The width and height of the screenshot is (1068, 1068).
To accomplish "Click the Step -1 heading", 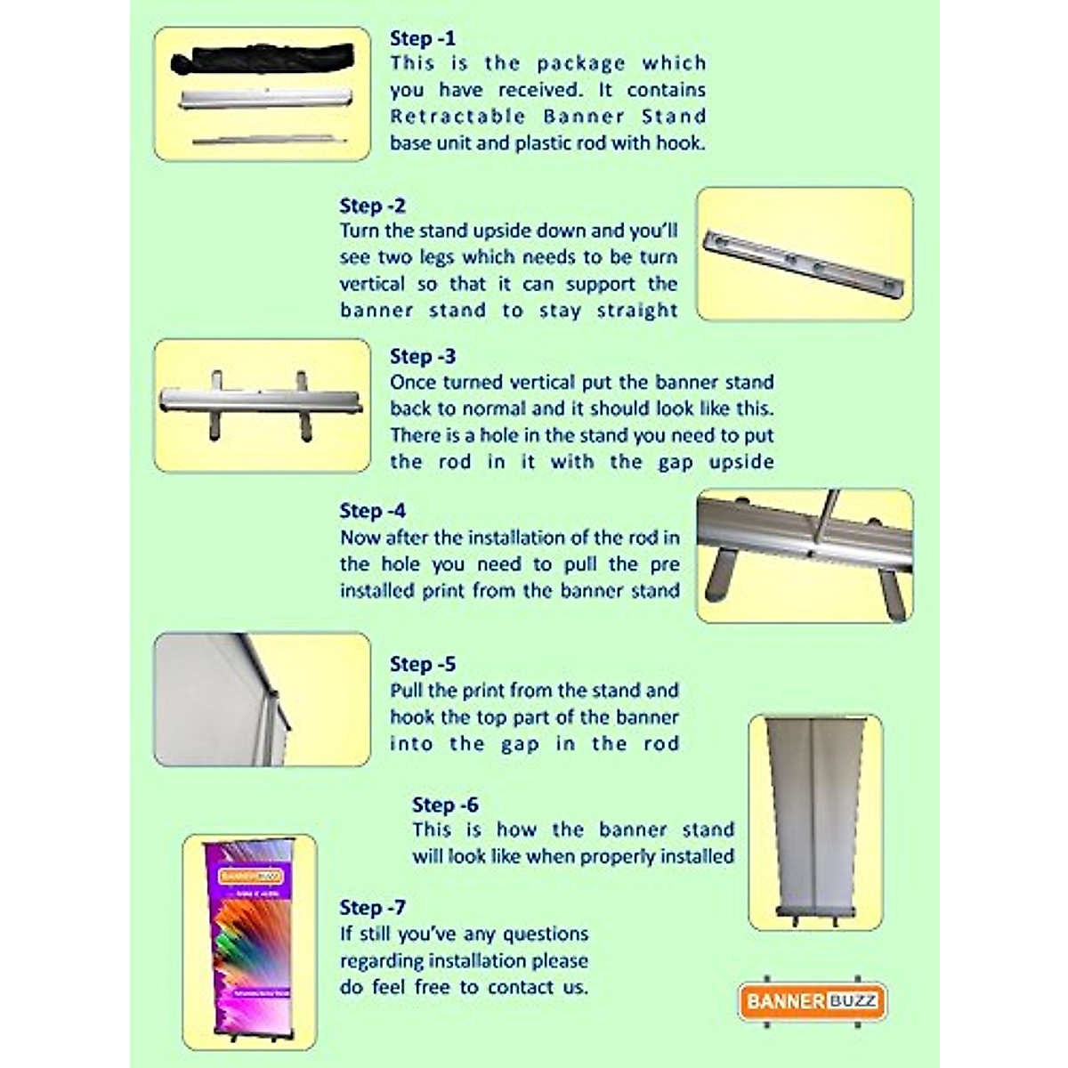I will click(x=423, y=38).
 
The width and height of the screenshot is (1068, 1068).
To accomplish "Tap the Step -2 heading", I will click(x=372, y=206).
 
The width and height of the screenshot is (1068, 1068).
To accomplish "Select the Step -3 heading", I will click(x=423, y=356).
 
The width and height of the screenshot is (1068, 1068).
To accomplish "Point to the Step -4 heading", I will click(x=372, y=511).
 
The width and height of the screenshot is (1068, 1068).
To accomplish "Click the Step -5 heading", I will click(x=423, y=664).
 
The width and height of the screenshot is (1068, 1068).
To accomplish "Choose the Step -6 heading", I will click(x=445, y=805).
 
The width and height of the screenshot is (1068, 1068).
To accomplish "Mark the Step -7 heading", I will click(x=372, y=908).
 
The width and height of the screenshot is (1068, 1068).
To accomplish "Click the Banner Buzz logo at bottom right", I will click(x=813, y=1000).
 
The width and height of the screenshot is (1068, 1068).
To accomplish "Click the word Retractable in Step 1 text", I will click(x=457, y=117).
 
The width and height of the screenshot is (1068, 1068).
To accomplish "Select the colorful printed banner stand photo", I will click(x=250, y=942).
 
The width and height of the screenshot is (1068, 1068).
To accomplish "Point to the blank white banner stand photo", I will click(x=815, y=821).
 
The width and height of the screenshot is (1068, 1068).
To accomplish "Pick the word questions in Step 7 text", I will click(x=546, y=934).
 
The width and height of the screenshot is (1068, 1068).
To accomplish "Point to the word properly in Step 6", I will click(x=614, y=857).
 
